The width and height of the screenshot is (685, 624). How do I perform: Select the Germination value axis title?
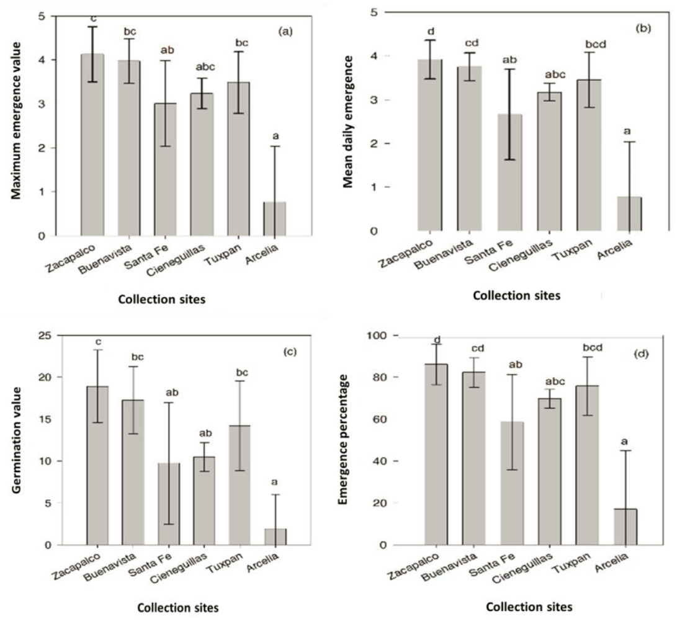(17, 438)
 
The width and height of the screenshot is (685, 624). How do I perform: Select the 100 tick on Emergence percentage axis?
(377, 336)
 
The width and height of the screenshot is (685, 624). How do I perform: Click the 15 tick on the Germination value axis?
(48, 419)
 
